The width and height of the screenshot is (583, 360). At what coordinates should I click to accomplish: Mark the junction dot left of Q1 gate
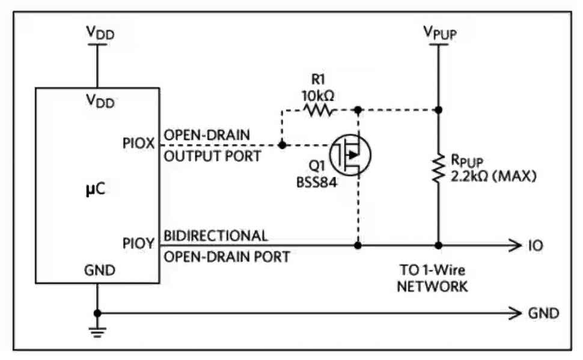click(282, 145)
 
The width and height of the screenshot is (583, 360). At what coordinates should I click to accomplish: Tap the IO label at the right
click(536, 245)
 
